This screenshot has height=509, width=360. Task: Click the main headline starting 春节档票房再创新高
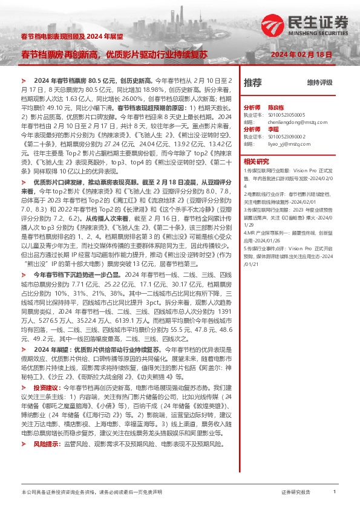pos(114,54)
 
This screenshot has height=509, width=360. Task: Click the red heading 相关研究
pos(255,161)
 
